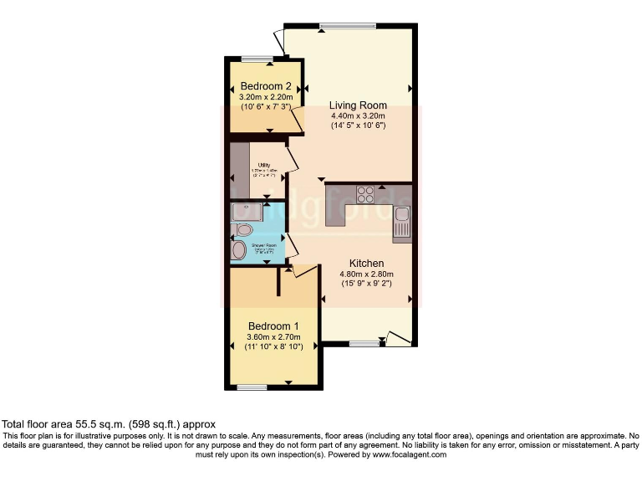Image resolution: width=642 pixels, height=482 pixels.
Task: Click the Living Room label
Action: (x=357, y=105)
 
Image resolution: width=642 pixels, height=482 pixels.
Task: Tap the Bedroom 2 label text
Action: (x=266, y=86)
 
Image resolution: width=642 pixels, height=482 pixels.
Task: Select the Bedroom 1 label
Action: (x=273, y=326)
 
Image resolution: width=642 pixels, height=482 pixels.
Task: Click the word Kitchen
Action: (x=366, y=263)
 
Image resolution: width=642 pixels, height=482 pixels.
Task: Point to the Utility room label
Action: (x=263, y=165)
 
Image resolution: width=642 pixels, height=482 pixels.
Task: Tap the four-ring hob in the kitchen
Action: (x=366, y=194)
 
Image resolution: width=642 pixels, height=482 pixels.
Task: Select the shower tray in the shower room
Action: (x=247, y=212)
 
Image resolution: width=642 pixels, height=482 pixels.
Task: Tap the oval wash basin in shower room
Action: (x=239, y=250)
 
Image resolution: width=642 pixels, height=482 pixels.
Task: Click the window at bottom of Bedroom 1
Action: (x=251, y=387)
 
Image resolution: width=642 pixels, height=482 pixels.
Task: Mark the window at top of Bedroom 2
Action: (x=257, y=59)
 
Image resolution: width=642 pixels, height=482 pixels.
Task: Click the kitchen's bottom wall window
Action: (x=363, y=343)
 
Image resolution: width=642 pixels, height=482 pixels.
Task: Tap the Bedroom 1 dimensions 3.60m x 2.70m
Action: (x=273, y=336)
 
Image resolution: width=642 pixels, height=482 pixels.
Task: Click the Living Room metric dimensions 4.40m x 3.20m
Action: (x=357, y=115)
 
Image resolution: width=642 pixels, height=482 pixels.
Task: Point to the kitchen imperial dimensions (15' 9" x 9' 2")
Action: (x=366, y=284)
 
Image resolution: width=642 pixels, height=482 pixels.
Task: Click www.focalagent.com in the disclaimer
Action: (x=409, y=455)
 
